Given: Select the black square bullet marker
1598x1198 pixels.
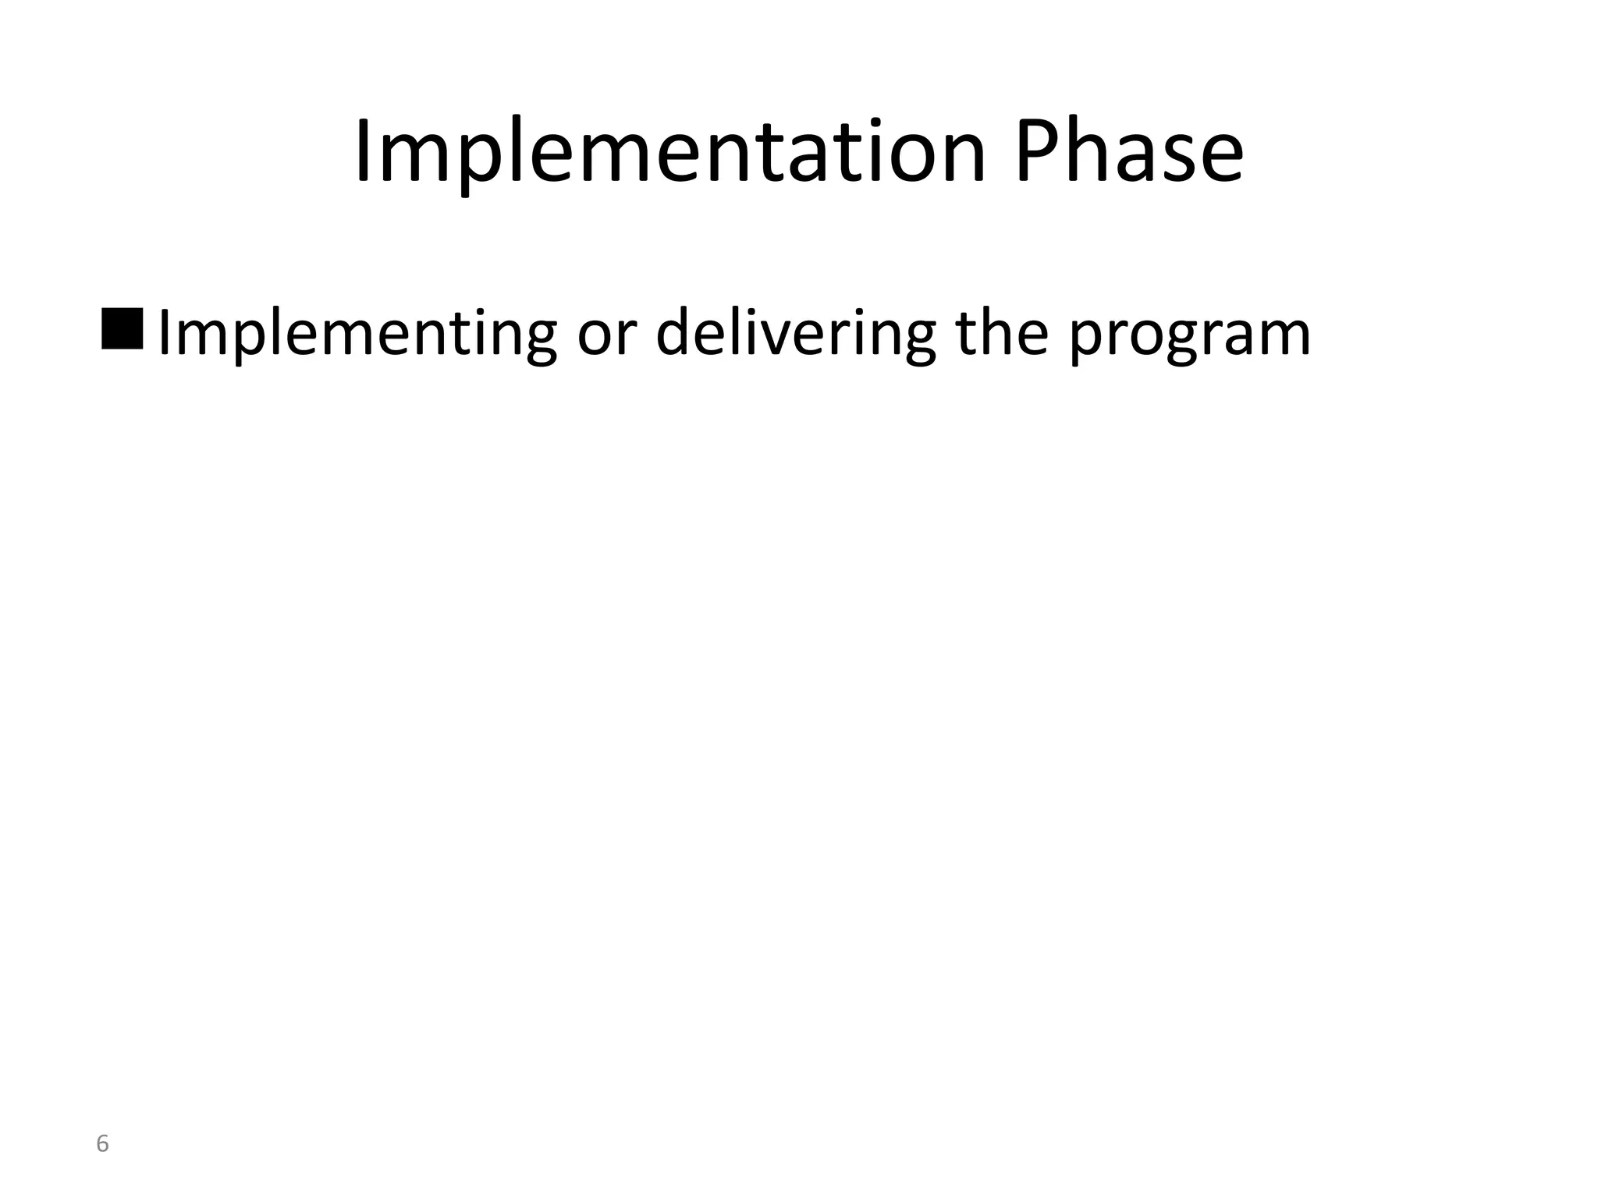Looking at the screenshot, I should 123,329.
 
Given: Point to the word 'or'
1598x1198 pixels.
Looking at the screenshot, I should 606,335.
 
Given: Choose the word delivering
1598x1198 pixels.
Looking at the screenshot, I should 795,334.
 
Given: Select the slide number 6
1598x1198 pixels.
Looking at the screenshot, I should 102,1144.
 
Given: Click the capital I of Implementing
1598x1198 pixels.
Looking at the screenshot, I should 162,334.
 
